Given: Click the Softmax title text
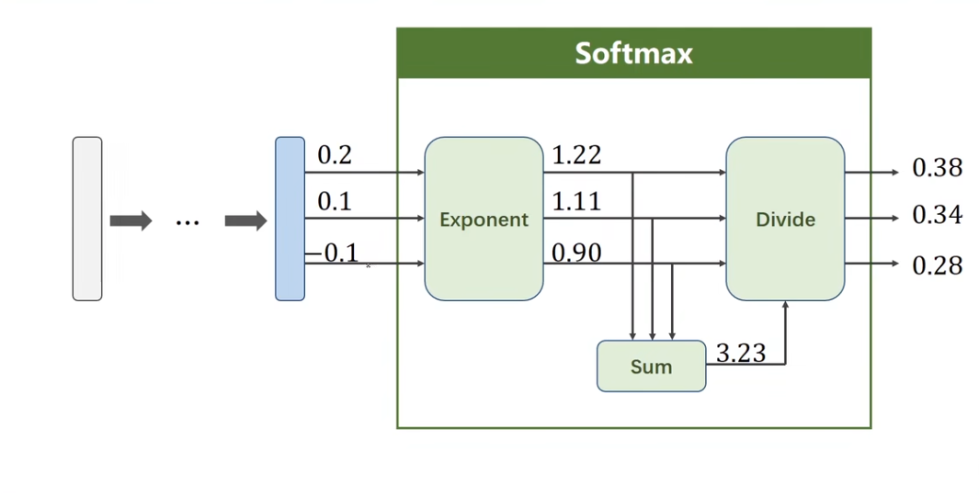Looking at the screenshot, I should point(633,53).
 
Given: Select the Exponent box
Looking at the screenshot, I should point(484,219).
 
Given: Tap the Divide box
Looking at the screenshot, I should point(785,219).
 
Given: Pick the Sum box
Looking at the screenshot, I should point(651,366).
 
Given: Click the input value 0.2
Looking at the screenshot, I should point(335,156).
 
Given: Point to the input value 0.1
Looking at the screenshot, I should point(335,202).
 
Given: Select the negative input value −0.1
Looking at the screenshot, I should point(333,253).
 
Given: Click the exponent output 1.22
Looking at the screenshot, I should point(576,156).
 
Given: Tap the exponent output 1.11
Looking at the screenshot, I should point(576,202).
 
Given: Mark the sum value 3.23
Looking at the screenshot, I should point(740,354).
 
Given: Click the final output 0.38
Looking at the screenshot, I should point(937,168).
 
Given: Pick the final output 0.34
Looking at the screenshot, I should point(937,216).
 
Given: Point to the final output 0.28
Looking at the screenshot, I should point(937,266).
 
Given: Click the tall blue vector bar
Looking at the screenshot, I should point(290,219).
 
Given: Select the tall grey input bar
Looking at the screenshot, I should point(87,219).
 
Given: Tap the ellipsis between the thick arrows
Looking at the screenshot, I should point(188,221).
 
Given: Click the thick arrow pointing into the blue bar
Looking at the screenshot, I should point(245,220).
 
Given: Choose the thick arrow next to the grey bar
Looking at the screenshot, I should point(131,220).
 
